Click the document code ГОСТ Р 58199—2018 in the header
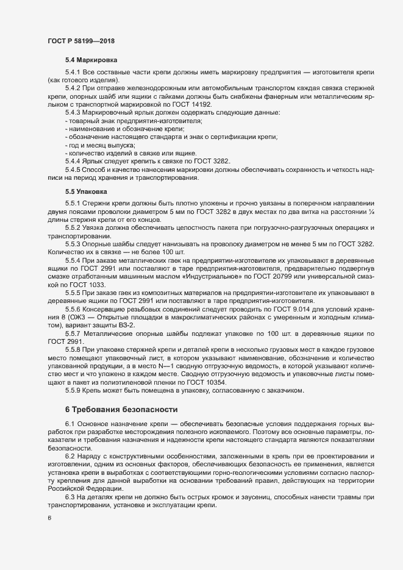(x=80, y=40)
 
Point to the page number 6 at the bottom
(x=49, y=534)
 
